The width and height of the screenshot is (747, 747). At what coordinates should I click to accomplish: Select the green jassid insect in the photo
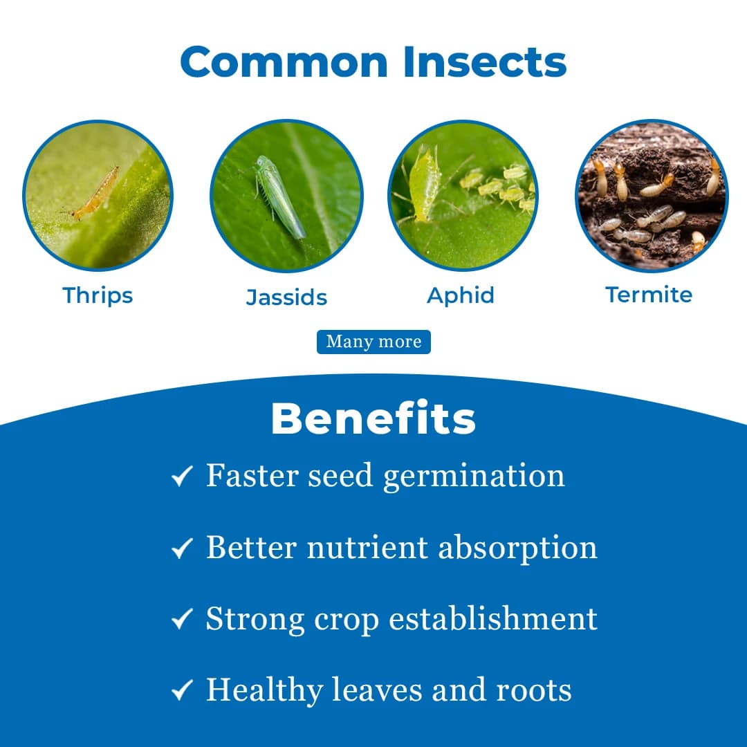coord(278,196)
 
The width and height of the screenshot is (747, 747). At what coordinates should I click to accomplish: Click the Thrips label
coord(98,295)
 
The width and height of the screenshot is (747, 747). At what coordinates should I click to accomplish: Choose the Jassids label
coord(286,297)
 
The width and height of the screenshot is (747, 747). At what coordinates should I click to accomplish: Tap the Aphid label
coord(461,295)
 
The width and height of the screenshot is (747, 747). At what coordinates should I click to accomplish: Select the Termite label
coord(649,295)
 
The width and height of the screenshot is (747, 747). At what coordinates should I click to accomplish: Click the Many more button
coord(373,342)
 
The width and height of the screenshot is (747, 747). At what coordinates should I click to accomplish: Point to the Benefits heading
coord(373,418)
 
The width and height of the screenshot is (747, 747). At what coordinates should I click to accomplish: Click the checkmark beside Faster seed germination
coord(181,477)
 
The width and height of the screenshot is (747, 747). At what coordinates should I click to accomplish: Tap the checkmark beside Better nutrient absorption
coord(181,549)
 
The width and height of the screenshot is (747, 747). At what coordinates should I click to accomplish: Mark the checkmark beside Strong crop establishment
coord(181,620)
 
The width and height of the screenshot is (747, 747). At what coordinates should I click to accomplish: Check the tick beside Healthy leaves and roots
coord(181,690)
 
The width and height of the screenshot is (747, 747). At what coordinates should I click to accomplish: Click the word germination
coord(474,477)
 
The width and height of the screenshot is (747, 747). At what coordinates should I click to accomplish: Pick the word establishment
coord(493,618)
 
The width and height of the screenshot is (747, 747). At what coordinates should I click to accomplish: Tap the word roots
coord(534,690)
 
